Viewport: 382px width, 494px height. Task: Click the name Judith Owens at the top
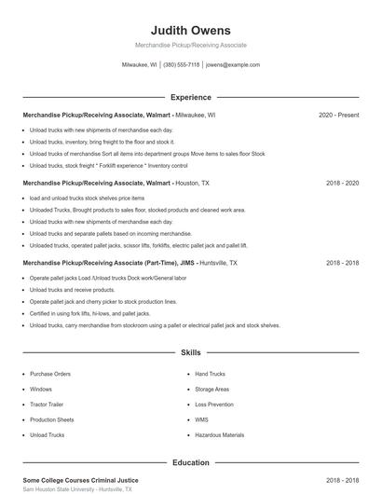pos(190,31)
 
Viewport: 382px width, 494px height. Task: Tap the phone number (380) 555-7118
pos(181,65)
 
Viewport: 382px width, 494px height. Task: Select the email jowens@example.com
pos(232,65)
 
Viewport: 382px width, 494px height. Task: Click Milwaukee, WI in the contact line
pos(140,65)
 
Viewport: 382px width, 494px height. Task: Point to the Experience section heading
pos(190,97)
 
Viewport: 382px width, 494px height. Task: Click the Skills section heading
pos(190,353)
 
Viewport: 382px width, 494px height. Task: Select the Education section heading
pos(190,462)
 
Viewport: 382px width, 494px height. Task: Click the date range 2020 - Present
pos(338,116)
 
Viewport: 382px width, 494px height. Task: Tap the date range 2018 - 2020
pos(342,184)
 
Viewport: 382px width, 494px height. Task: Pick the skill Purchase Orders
pos(50,374)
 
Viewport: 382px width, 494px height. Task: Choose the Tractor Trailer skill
pos(47,405)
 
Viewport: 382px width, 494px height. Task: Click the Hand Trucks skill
pos(211,374)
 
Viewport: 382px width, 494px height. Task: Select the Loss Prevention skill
pos(214,405)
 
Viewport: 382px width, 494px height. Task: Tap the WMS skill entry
pos(201,419)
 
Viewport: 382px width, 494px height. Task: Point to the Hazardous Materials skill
pos(219,435)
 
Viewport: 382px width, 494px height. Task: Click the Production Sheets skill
pos(51,419)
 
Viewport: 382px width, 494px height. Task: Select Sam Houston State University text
pos(76,489)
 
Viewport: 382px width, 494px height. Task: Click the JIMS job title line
pos(130,264)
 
